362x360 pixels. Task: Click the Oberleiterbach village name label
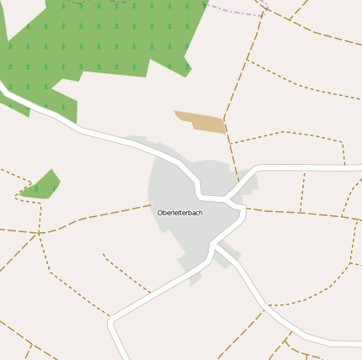(x=180, y=213)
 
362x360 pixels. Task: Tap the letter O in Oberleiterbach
(x=160, y=213)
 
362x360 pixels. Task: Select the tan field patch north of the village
(x=201, y=122)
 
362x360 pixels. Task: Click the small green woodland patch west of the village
(x=42, y=186)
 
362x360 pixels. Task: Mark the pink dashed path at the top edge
(x=236, y=10)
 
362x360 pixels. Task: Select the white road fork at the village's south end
(x=213, y=246)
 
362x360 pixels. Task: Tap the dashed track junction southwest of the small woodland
(x=39, y=232)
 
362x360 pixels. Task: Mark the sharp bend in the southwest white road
(x=112, y=321)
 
